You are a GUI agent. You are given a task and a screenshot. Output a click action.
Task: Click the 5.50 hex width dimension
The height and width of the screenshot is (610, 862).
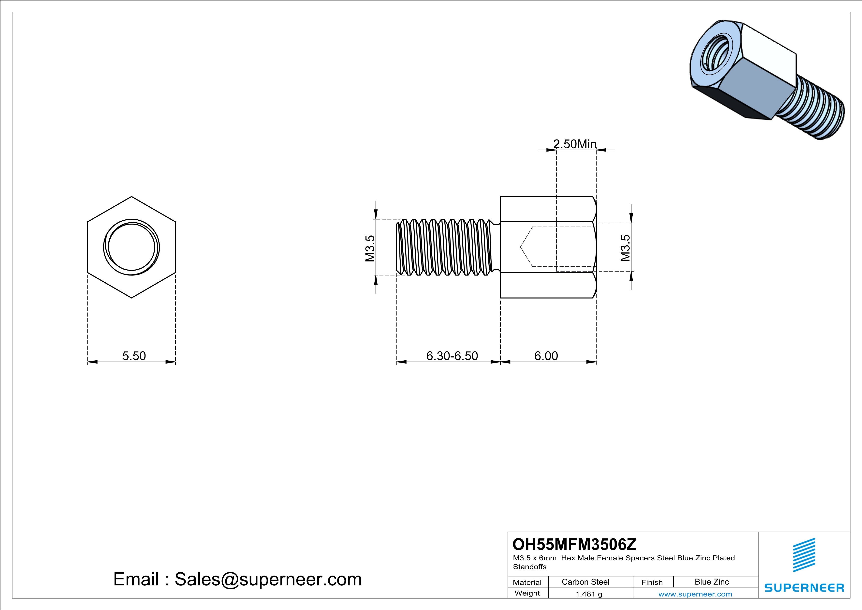[134, 356]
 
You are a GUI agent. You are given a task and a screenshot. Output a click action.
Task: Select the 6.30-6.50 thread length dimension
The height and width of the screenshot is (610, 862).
[452, 356]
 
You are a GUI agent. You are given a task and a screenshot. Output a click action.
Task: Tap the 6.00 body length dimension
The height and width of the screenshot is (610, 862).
[546, 356]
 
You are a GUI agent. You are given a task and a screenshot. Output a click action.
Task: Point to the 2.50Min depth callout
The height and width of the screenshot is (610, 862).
[575, 144]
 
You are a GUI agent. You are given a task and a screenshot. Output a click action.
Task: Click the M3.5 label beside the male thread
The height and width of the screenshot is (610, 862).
[370, 248]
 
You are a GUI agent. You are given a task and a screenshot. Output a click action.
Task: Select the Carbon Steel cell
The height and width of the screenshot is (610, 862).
[585, 582]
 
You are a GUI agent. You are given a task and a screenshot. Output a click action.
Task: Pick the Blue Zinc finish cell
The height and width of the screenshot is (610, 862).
[711, 582]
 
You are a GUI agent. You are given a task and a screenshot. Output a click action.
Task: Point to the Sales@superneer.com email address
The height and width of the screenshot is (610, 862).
[268, 579]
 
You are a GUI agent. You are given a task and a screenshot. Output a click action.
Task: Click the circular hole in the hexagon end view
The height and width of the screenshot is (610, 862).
[131, 247]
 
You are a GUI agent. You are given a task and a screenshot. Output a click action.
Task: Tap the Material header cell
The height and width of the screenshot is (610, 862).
[527, 582]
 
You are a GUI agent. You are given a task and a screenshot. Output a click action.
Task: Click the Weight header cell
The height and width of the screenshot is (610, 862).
[527, 593]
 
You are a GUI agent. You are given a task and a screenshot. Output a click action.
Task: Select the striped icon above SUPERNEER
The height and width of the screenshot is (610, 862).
[804, 555]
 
